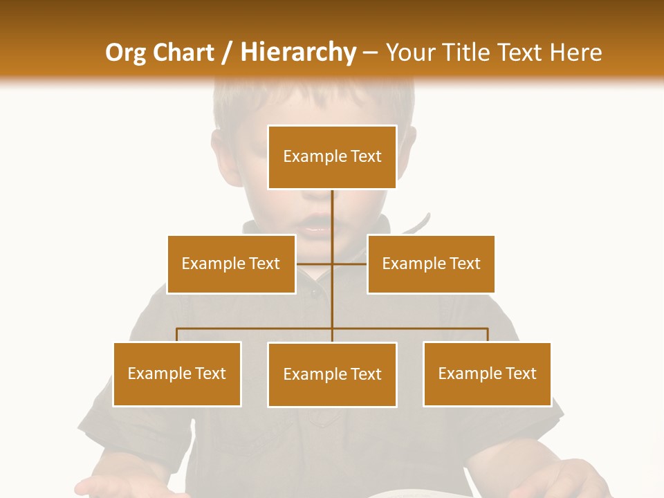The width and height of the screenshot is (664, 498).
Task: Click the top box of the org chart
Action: [x=332, y=157]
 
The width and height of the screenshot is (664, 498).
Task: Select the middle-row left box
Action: [x=231, y=264]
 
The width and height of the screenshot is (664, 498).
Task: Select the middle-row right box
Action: [x=431, y=264]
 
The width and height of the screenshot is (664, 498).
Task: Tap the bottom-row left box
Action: [x=177, y=374]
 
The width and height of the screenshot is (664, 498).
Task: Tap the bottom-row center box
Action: [x=332, y=375]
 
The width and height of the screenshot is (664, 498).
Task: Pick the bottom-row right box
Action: [x=487, y=374]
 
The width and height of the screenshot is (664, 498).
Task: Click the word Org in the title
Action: [x=125, y=53]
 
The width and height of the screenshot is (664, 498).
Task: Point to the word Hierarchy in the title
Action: [x=298, y=53]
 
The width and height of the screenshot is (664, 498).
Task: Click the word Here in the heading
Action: [x=575, y=53]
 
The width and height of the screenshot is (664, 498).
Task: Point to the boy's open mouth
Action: [x=313, y=228]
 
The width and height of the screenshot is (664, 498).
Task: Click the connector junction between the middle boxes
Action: [x=332, y=264]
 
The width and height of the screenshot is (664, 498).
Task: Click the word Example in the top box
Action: [x=315, y=157]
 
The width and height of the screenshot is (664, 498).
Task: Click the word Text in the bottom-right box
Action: [x=519, y=374]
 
